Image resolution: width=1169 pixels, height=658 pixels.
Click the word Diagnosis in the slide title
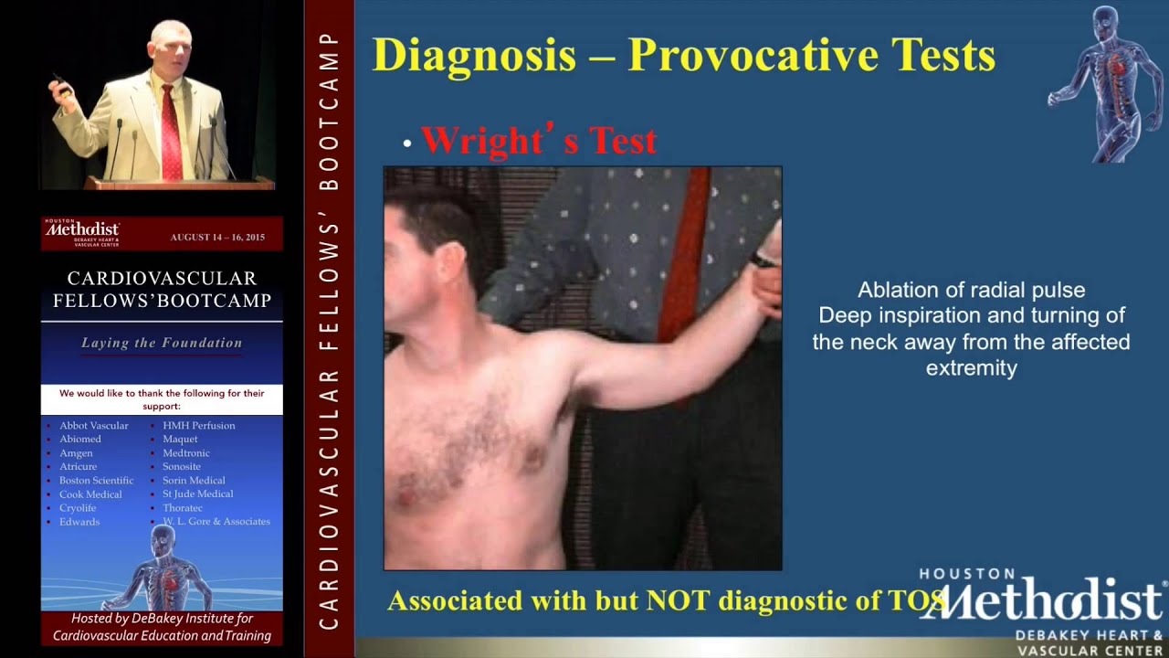474,56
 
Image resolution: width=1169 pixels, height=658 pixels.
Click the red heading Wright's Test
538,141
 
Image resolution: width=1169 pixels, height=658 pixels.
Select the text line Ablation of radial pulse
971,291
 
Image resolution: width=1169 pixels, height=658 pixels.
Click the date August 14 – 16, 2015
217,238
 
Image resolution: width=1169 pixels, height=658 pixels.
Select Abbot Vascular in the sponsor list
94,426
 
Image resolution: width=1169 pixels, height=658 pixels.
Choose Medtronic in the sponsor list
186,453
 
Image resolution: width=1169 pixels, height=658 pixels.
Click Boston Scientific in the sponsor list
97,481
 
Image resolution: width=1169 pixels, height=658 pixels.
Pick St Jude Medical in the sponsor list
198,494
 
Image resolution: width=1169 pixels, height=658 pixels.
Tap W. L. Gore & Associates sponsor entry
216,522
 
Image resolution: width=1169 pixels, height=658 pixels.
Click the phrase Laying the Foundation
162,344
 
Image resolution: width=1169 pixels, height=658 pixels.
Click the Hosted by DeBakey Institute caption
162,627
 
